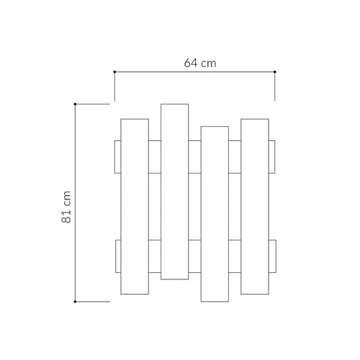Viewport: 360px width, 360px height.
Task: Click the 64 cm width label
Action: [x=200, y=63]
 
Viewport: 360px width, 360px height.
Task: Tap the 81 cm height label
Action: [x=66, y=208]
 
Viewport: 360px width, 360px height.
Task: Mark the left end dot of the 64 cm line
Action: [x=114, y=71]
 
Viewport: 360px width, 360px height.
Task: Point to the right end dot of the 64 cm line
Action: [x=275, y=71]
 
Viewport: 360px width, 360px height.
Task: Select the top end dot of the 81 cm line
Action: [x=76, y=104]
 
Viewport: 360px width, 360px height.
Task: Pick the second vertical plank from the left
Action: [x=175, y=192]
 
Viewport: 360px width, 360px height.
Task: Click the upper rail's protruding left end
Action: [x=117, y=157]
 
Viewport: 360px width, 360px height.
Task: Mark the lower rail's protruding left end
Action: [x=117, y=256]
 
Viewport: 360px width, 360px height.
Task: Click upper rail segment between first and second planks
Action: [x=155, y=157]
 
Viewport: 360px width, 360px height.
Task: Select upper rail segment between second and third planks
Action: [x=195, y=157]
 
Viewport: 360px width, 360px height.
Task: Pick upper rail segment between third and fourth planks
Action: [x=235, y=157]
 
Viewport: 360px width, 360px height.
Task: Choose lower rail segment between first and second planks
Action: [x=155, y=256]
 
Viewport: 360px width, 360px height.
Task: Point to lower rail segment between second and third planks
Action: [x=195, y=256]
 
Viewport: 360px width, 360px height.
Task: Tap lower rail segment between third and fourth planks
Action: [x=235, y=256]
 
